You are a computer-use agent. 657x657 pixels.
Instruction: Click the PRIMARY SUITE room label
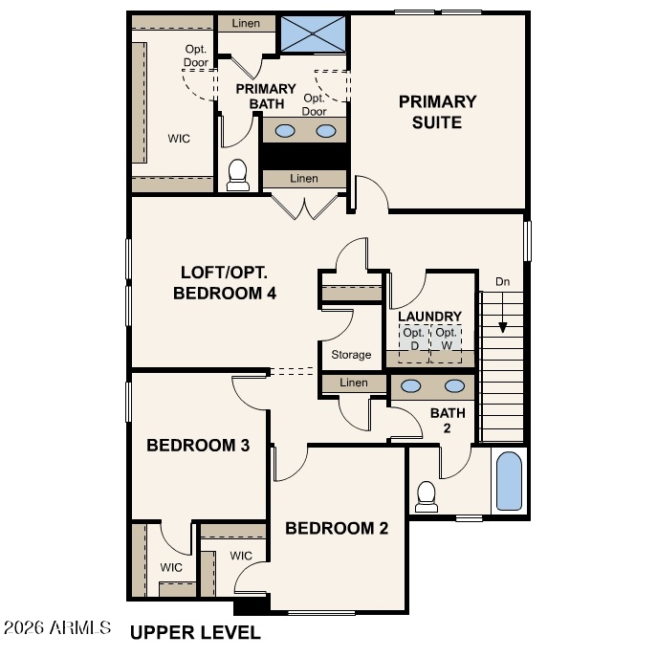coord(437,112)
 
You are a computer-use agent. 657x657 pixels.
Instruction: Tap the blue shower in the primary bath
coord(313,34)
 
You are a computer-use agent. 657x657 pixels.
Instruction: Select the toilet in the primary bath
coord(237,175)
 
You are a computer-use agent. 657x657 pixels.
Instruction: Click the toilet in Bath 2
coord(427,496)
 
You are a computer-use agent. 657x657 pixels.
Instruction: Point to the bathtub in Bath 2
coord(509,481)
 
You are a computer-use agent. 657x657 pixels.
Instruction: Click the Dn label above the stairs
coord(502,281)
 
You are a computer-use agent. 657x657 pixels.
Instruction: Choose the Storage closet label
coord(351,355)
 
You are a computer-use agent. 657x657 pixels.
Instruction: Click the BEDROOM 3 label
coord(198,445)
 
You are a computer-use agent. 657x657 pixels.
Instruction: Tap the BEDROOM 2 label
coord(337,528)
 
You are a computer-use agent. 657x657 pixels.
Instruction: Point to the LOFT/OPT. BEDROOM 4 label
coord(225,283)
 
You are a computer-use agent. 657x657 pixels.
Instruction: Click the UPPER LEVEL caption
coord(195,633)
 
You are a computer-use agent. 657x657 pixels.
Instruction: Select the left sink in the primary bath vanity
coord(285,131)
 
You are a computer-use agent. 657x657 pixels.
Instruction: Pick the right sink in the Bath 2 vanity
coord(454,386)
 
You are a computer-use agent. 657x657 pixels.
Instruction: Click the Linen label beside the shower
coord(246,24)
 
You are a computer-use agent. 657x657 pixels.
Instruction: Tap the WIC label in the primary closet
coord(179,139)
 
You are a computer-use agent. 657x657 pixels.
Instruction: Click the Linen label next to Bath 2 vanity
coord(354,383)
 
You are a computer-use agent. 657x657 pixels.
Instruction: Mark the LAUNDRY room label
coord(430,317)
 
